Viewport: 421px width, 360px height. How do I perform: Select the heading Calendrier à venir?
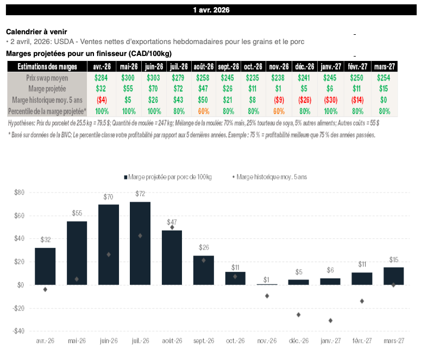[36, 32]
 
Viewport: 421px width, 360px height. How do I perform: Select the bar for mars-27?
[394, 276]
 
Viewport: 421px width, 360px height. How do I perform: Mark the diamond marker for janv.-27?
[330, 320]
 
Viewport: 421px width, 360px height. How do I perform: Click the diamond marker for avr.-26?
[45, 289]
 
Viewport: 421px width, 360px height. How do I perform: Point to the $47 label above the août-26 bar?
[172, 222]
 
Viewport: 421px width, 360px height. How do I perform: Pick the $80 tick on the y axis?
[19, 193]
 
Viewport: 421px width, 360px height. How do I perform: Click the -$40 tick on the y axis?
[18, 331]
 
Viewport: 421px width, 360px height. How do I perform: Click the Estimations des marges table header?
[47, 66]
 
